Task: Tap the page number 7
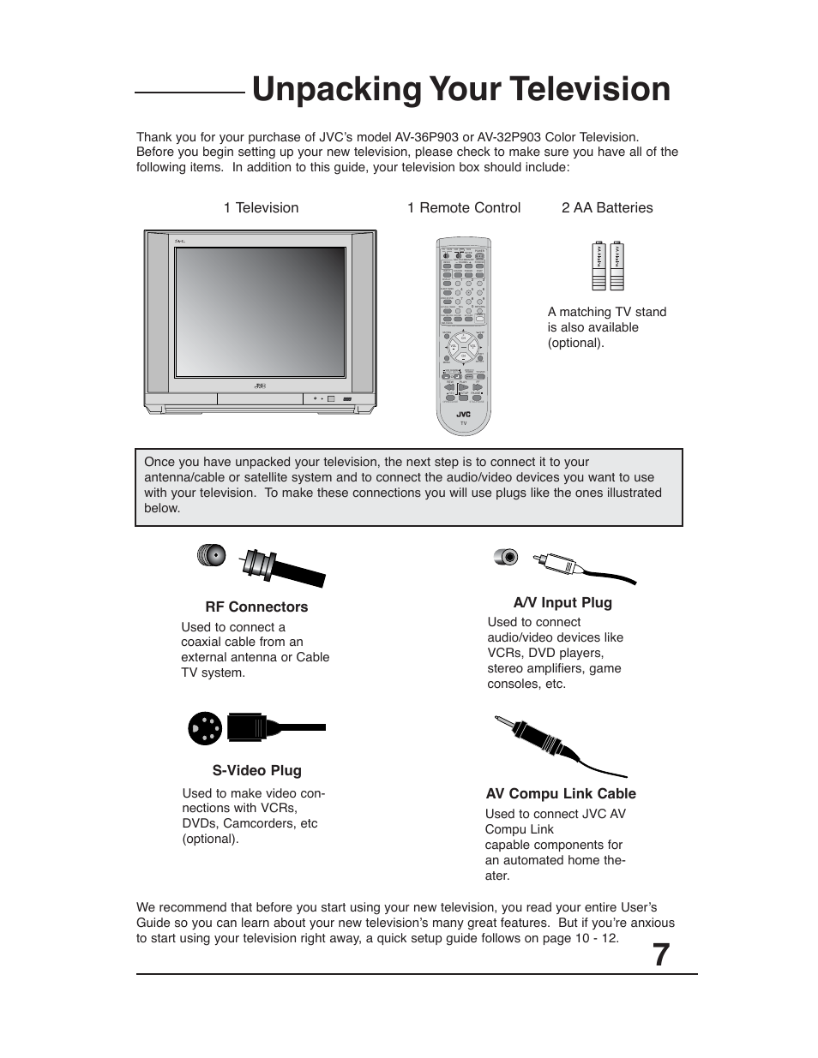pos(659,954)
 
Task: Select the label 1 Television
pos(261,207)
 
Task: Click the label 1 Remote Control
pos(464,207)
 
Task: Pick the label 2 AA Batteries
pos(607,207)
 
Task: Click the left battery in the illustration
pos(598,267)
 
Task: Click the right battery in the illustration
pos(617,267)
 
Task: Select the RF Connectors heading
pos(256,607)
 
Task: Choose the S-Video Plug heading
pos(257,770)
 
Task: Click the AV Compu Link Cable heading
pos(561,793)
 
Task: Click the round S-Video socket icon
pos(206,728)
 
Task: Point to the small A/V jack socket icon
pos(507,557)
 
